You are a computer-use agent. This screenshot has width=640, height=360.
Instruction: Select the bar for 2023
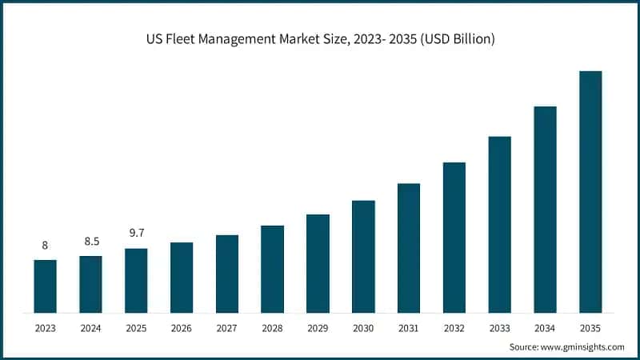tap(45, 286)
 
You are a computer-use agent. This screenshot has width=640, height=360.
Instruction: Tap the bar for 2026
tap(182, 277)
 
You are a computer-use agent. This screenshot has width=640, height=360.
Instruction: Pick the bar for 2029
tap(318, 262)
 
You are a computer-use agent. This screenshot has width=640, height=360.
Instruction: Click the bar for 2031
tap(409, 247)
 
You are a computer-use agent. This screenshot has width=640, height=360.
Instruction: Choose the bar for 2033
tap(500, 224)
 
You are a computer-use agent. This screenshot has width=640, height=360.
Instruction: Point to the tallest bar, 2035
tap(590, 191)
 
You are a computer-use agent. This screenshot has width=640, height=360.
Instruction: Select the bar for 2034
tap(545, 209)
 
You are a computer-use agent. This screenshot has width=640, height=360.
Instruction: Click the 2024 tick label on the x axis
tap(90, 327)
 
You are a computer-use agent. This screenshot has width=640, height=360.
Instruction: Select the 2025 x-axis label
tap(136, 327)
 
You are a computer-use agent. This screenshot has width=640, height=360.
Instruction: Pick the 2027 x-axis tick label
tap(227, 327)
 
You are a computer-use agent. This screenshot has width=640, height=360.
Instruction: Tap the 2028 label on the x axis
tap(272, 327)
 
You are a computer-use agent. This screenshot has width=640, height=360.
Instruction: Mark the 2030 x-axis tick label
tap(363, 327)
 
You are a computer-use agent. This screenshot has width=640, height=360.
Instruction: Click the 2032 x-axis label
tap(454, 327)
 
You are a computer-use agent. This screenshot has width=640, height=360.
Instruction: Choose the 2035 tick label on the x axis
tap(590, 327)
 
